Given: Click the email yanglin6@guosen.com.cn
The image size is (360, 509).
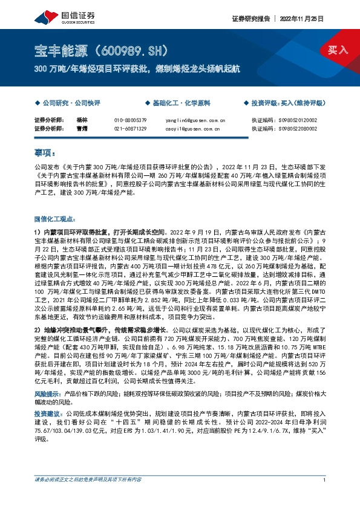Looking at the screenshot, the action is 195,120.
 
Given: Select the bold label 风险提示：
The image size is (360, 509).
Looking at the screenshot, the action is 48,376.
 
